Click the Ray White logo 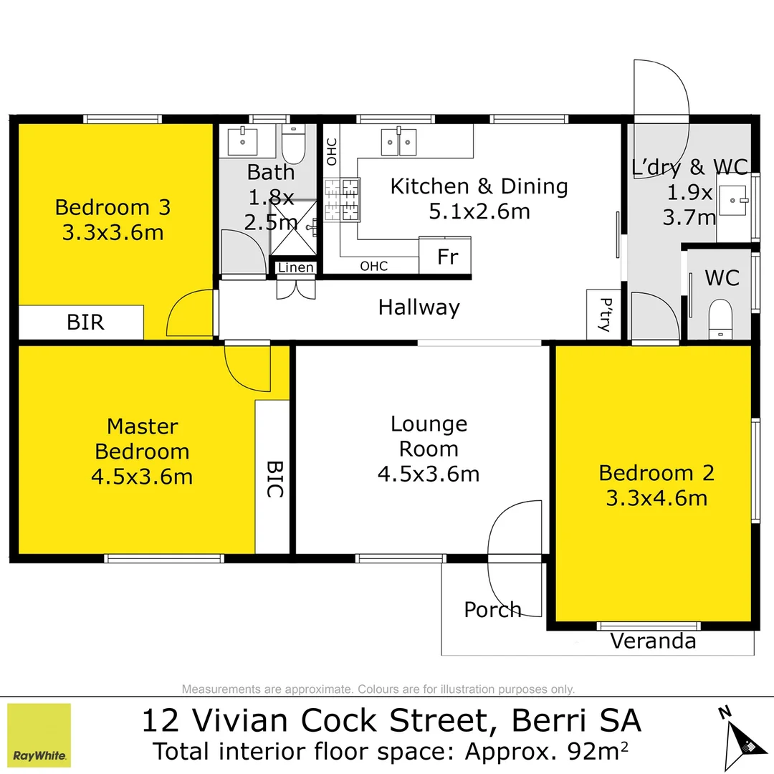pos(39,735)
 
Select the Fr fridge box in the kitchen pos(446,257)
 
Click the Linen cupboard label pos(295,268)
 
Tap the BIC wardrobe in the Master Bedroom pos(274,478)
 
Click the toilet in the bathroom pos(293,144)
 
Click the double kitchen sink pos(399,142)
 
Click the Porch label pos(492,610)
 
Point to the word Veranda pos(653,641)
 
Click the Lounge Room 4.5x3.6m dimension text pos(429,474)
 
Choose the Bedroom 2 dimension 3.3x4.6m pos(656,497)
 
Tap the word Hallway pos(419,307)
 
